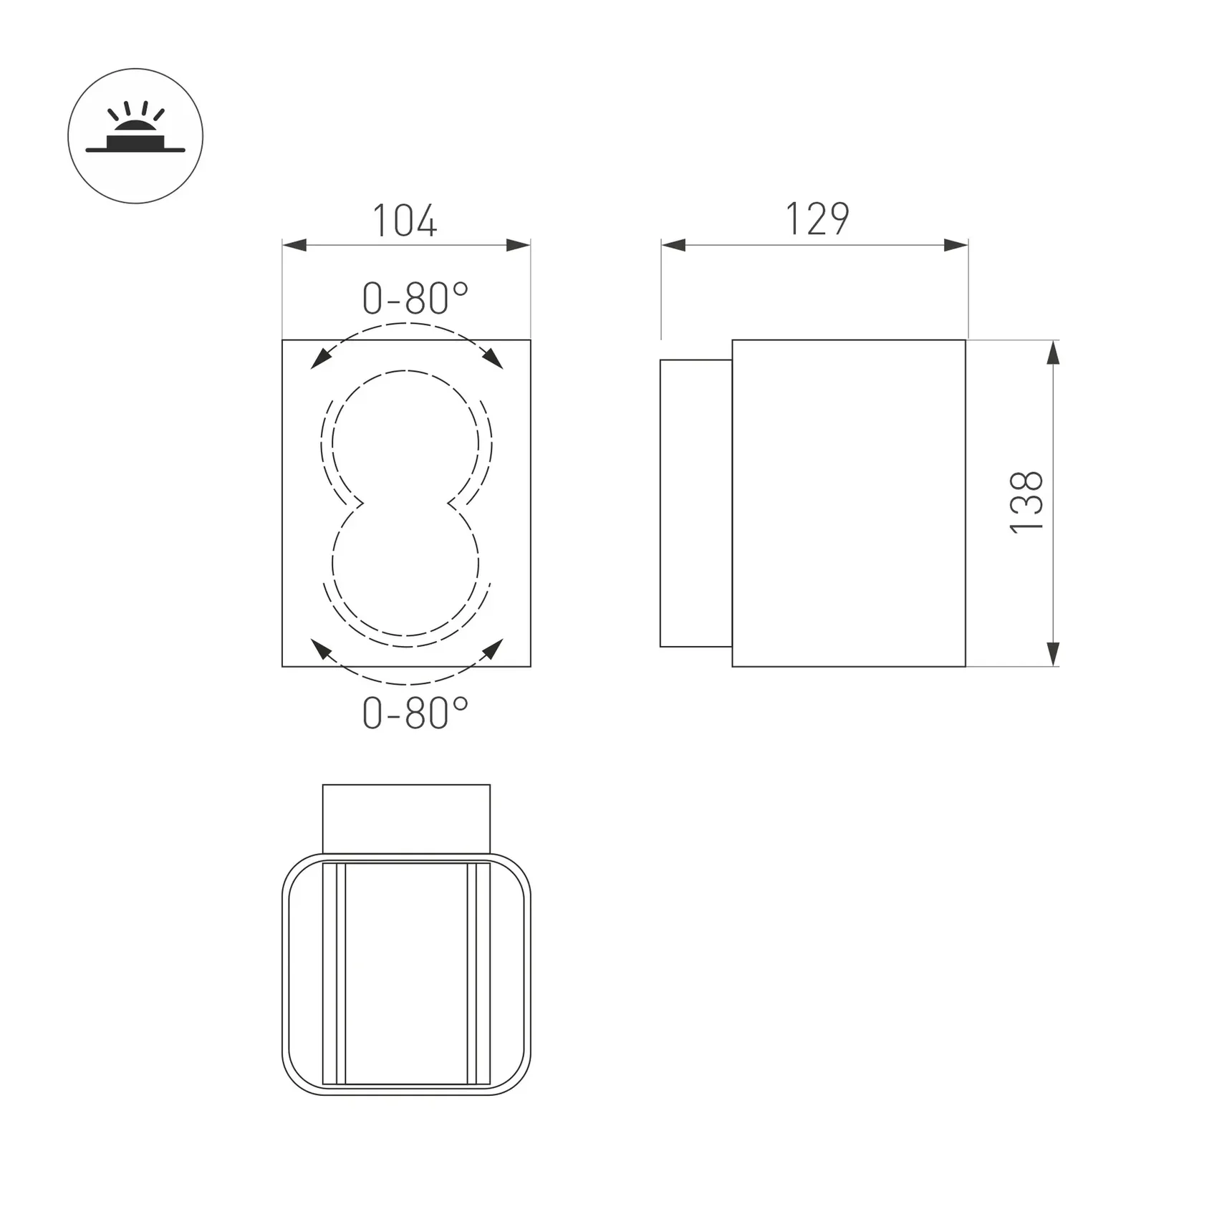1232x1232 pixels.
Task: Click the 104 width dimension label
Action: coord(405,221)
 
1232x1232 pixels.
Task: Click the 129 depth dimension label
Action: coord(817,219)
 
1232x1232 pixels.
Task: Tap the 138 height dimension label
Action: coord(1026,502)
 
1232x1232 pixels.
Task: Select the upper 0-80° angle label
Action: coord(415,299)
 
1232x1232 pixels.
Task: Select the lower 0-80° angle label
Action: coord(415,713)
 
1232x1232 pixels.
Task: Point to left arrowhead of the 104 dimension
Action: coord(294,245)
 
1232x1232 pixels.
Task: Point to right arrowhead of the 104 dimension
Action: coord(519,245)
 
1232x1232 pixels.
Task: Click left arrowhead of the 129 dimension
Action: coord(673,245)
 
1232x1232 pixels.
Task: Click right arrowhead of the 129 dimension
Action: coord(956,245)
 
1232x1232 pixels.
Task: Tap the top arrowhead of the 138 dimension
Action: coord(1052,352)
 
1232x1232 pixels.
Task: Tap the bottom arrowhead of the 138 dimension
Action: coord(1052,654)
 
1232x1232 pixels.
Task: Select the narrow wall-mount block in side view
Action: coord(696,503)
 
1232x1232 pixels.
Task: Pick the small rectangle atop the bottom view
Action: coord(406,819)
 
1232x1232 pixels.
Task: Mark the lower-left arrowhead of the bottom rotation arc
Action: coord(320,648)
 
